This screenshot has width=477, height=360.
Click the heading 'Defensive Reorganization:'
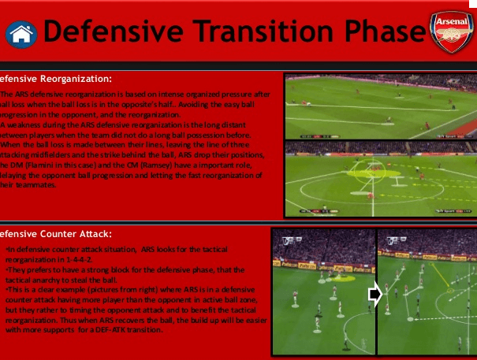(55, 79)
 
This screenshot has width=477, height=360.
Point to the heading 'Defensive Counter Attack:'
(55, 234)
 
